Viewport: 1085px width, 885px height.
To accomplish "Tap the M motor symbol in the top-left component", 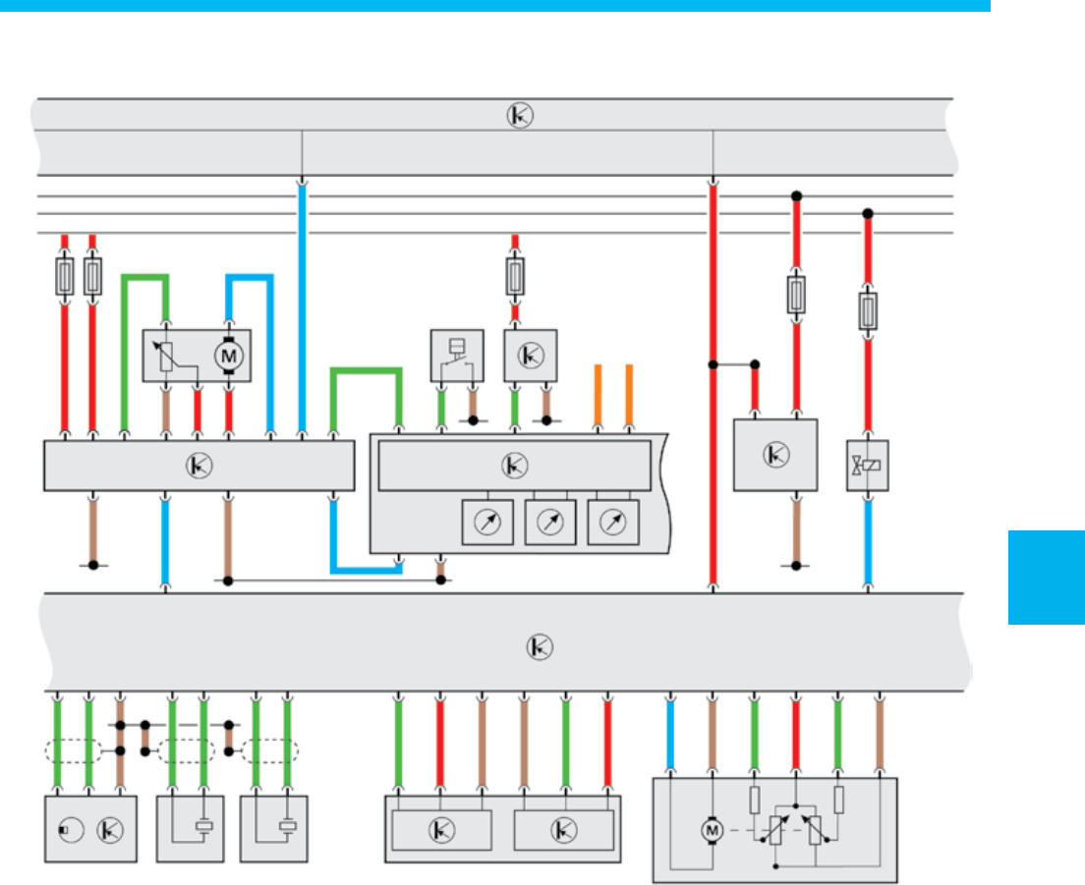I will [228, 355].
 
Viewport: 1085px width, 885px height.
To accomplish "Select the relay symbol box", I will [457, 356].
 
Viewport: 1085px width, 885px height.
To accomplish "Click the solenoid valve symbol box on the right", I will [867, 466].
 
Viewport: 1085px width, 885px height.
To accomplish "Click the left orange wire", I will [598, 397].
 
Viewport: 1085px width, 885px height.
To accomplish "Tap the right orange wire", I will [629, 397].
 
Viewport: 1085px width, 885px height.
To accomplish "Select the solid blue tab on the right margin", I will [1046, 578].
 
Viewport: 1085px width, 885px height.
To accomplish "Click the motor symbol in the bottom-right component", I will [710, 831].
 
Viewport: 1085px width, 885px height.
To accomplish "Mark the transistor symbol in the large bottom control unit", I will [540, 646].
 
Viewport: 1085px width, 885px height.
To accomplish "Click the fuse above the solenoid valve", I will [867, 309].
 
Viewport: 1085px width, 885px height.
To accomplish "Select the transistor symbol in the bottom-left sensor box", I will [107, 830].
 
